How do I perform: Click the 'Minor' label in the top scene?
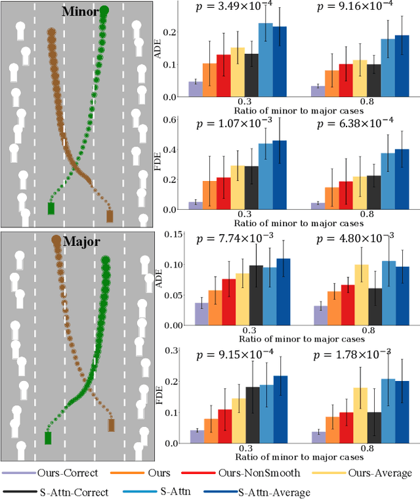click(81, 12)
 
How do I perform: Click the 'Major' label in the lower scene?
click(81, 242)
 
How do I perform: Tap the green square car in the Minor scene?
click(51, 209)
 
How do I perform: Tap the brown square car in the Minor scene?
click(110, 216)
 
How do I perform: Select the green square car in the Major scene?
click(47, 438)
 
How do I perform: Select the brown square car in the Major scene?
click(110, 426)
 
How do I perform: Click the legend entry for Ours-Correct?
click(49, 473)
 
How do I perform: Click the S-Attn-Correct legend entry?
click(59, 490)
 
